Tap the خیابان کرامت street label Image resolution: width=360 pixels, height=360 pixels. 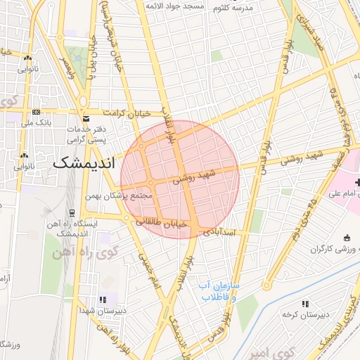[127, 112]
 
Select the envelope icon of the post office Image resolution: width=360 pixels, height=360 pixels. [86, 120]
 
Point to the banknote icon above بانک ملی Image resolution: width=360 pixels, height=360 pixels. [35, 112]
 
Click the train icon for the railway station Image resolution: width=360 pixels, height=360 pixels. [72, 212]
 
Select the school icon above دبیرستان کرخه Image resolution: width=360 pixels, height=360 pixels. [305, 303]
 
